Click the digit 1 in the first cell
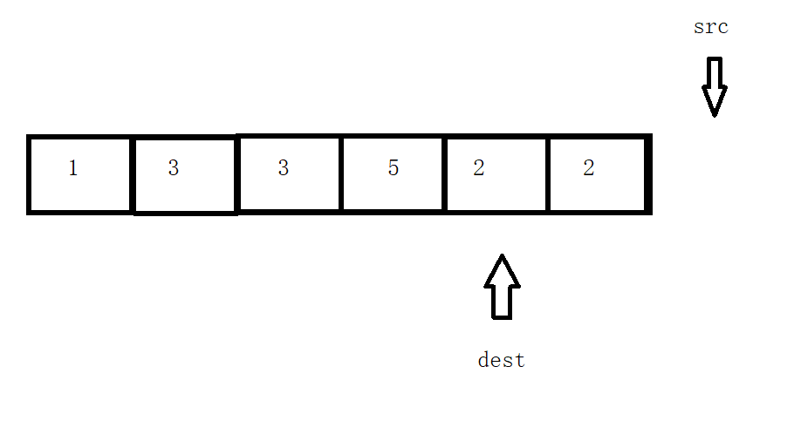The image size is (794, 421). coord(73,169)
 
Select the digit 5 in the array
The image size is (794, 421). coord(394,169)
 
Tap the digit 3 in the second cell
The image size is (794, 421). coord(174,169)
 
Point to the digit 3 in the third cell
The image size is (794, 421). coord(283,169)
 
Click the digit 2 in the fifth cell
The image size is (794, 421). coord(479,169)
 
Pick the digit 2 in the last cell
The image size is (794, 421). coord(589,169)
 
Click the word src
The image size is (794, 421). coord(710,27)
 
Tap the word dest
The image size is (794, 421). coord(502,360)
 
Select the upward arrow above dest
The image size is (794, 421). coord(502,287)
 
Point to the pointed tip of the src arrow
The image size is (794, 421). coord(715,114)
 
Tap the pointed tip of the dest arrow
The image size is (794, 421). coord(502,256)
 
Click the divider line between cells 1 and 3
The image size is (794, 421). coord(132,174)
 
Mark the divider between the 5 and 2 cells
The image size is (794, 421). coord(445,174)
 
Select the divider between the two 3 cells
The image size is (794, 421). coord(237,174)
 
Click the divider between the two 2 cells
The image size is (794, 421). coord(548,174)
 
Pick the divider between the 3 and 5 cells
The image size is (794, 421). coord(341,174)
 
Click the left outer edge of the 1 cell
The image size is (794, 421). coord(30,174)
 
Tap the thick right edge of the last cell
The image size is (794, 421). coord(648,174)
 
